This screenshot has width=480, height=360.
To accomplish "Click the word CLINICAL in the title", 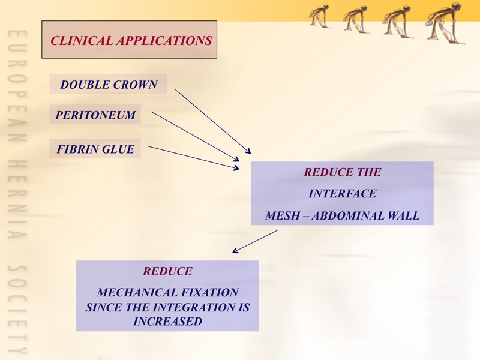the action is [x=82, y=41].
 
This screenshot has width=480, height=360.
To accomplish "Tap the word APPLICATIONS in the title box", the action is [x=164, y=41].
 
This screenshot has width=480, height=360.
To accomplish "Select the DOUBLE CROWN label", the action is [x=109, y=85].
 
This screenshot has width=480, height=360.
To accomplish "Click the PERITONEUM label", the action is [x=95, y=115].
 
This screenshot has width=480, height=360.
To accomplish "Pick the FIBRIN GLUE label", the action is [x=95, y=149].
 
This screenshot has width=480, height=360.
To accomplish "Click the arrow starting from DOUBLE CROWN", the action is [x=213, y=121].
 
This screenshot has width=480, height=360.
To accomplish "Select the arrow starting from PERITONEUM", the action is [x=196, y=137].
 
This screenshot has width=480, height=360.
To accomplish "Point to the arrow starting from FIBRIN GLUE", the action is [x=194, y=158].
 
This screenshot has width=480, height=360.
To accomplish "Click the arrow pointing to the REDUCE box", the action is [x=255, y=242].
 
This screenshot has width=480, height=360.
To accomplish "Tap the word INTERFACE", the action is [x=342, y=193].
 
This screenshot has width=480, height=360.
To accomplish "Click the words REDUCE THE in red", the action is [x=342, y=172].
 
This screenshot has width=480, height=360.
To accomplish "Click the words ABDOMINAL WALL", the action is [x=365, y=215].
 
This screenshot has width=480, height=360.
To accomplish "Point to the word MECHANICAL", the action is [x=137, y=292].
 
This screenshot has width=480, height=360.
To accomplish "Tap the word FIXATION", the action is [x=209, y=292].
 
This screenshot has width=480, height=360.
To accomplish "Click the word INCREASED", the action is [x=167, y=322].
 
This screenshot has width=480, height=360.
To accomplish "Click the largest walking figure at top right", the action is [x=445, y=23].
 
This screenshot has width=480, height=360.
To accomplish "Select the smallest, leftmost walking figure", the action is [x=319, y=16].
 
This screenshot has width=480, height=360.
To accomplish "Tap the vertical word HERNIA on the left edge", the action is [x=17, y=199].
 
